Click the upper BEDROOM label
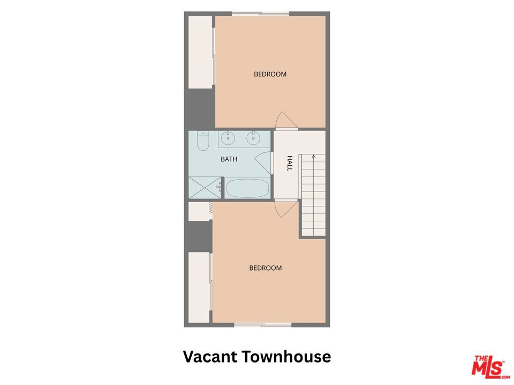[x=270, y=74]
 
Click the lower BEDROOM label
[x=266, y=268]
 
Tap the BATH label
[x=229, y=159]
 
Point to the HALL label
[x=290, y=163]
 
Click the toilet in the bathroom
[x=203, y=141]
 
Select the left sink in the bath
[x=228, y=138]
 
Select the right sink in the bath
[x=253, y=138]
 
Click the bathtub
[x=247, y=188]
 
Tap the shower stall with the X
[x=205, y=188]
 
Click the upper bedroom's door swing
[x=286, y=120]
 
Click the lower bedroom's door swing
[x=286, y=210]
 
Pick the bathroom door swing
[x=263, y=163]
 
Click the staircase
[x=313, y=195]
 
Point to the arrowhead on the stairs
[x=314, y=157]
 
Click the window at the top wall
[x=261, y=14]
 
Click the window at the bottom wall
[x=263, y=325]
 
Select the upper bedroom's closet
[x=200, y=52]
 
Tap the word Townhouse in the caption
[x=287, y=357]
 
